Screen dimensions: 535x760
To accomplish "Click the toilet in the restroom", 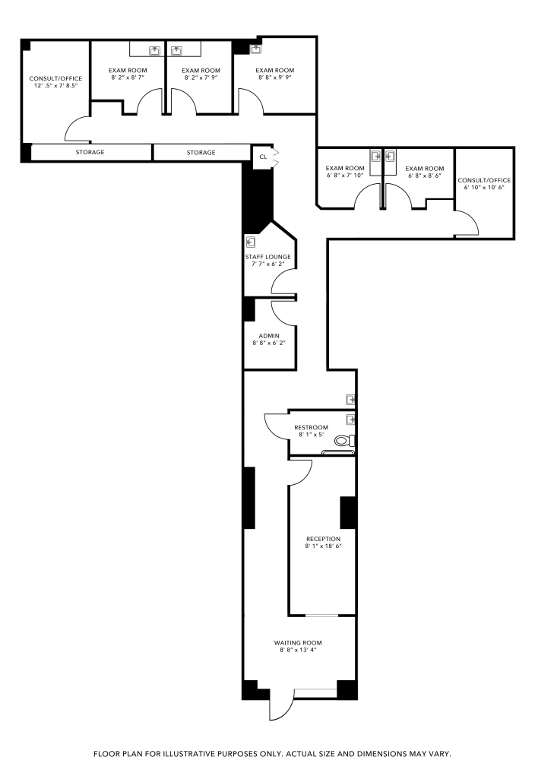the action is tap(344, 441).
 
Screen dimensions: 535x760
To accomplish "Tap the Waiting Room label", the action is tap(298, 643).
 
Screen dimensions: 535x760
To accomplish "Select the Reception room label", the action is tap(323, 539).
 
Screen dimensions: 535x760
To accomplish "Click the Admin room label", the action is tap(269, 336).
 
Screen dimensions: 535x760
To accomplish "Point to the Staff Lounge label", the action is tap(268, 257).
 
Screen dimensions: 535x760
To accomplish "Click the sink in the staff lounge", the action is tap(251, 242).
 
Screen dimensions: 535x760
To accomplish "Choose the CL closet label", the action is tap(263, 157).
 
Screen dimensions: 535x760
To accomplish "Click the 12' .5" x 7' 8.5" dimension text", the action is tap(55, 85).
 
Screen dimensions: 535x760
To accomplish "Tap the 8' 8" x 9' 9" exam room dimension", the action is tap(275, 77).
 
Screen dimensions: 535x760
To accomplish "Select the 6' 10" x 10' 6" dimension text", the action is tap(484, 187).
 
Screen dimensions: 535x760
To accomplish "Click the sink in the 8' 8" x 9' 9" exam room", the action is tap(255, 49).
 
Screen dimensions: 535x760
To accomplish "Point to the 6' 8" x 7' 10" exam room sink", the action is tap(376, 156).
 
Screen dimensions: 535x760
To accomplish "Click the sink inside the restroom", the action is tap(350, 420).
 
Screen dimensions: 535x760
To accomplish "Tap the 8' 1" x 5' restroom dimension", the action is tap(311, 435).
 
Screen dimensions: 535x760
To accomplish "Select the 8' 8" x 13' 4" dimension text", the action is tap(298, 650).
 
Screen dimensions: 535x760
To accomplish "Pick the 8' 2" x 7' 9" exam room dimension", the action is tap(201, 77).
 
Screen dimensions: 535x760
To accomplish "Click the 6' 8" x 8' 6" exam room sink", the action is tap(391, 156).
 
